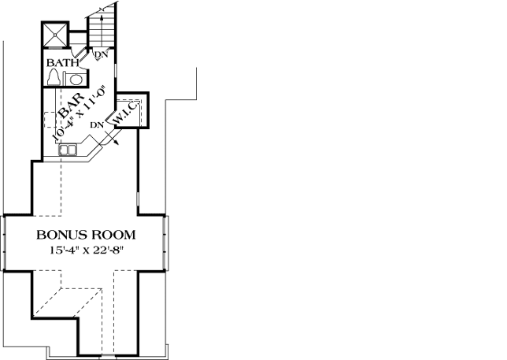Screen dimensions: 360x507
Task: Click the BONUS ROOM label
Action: point(86,235)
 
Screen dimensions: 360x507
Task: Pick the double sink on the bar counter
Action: point(68,149)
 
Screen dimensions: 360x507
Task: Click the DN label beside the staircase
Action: point(102,54)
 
